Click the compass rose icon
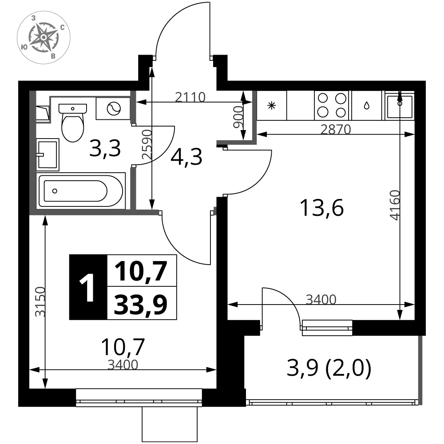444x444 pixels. click(44, 37)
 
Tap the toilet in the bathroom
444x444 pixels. click(72, 123)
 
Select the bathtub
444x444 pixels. click(81, 190)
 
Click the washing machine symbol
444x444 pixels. click(114, 108)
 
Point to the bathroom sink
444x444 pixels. click(48, 155)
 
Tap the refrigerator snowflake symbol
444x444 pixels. click(272, 106)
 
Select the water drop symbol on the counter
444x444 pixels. click(367, 106)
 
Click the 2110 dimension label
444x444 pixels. click(190, 97)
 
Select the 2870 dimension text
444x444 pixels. click(336, 129)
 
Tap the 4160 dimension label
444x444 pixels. click(395, 205)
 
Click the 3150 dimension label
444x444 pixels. click(40, 301)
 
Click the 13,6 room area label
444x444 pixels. click(321, 208)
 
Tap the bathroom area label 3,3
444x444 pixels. click(105, 149)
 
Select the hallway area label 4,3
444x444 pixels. click(186, 157)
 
